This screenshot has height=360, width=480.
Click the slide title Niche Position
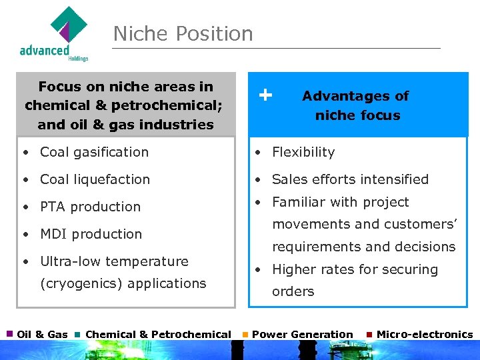click(183, 33)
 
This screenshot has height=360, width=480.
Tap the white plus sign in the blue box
click(265, 95)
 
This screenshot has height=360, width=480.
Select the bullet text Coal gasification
click(94, 152)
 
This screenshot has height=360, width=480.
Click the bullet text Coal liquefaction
click(95, 179)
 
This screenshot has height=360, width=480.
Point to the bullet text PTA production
click(90, 207)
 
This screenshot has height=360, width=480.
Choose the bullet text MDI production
click(91, 234)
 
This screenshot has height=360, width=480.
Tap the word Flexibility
click(303, 152)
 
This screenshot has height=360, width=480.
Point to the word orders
click(293, 292)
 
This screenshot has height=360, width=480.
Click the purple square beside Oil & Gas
click(10, 333)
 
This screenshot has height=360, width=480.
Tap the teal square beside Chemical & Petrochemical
click(78, 333)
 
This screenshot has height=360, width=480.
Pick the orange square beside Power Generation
click(245, 333)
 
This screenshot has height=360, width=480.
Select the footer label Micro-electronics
click(425, 335)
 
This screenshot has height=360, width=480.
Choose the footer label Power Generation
click(303, 335)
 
